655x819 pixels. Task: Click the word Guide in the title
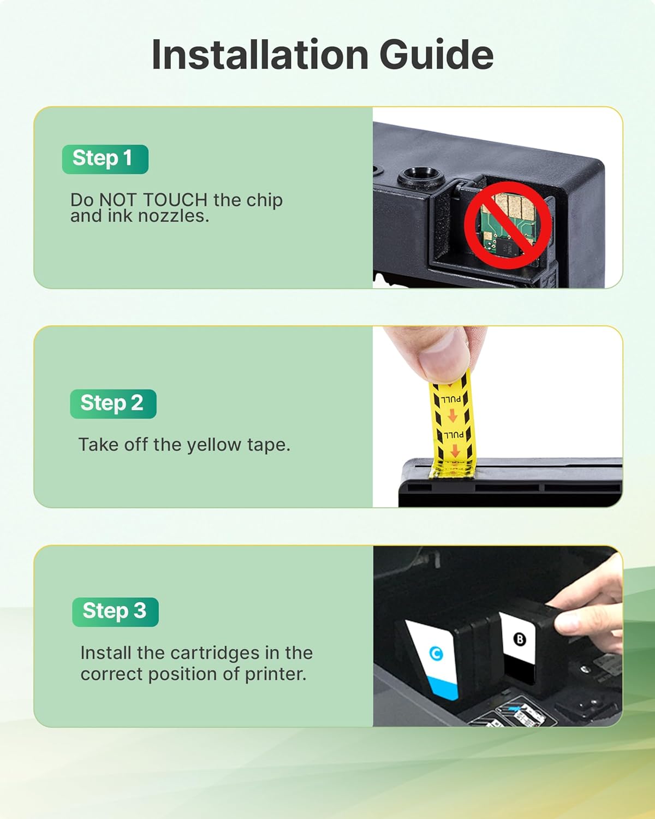coord(437,55)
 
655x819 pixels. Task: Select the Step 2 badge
coord(113,403)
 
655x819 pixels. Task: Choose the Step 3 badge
coord(115,612)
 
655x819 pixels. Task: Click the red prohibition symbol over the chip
coord(508,224)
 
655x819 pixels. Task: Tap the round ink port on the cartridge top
coord(420,176)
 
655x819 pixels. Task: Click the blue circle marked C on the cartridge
coord(436,653)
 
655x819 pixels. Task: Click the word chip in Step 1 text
coord(264,200)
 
